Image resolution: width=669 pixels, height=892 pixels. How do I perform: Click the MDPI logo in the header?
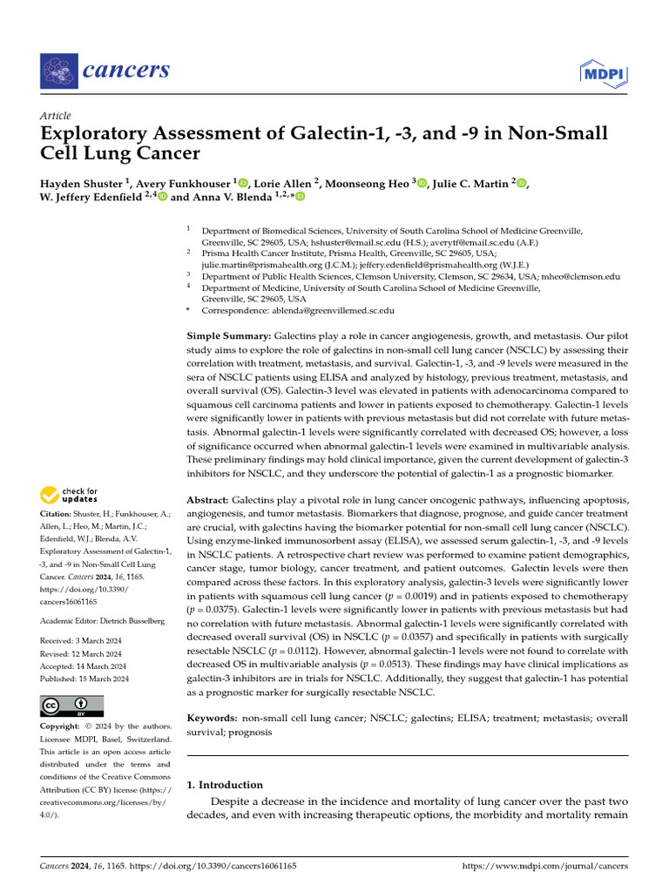tap(603, 72)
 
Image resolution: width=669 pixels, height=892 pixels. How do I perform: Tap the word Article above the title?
tap(56, 116)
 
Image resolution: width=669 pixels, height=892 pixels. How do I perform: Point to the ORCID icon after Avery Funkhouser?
tap(243, 183)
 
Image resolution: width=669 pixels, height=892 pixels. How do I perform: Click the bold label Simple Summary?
tap(229, 335)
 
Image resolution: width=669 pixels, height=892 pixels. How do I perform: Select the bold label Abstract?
tap(209, 500)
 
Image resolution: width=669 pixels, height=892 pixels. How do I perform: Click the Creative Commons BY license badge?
tap(72, 706)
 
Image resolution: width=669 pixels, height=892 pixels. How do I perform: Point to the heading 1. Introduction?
tap(225, 785)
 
